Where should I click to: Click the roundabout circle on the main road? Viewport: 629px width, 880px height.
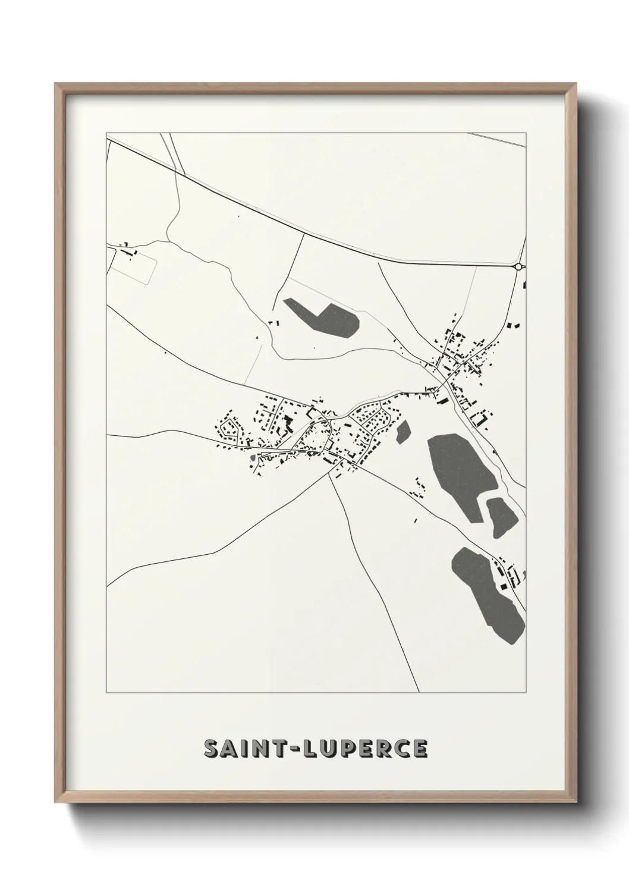519,267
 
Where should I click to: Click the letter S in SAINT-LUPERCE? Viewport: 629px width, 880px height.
212,749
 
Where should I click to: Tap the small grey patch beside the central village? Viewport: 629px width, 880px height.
404,431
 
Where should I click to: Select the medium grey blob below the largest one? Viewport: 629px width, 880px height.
501,516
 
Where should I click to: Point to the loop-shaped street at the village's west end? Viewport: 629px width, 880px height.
230,428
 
